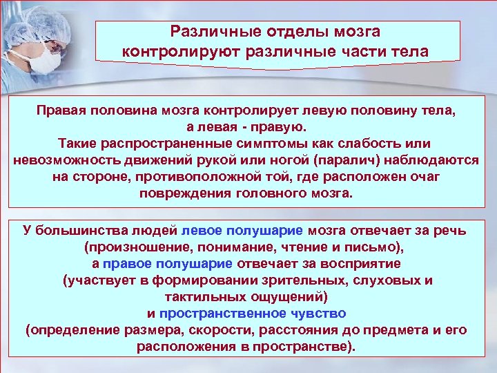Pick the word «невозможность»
click(x=64, y=160)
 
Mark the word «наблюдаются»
click(x=436, y=160)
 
